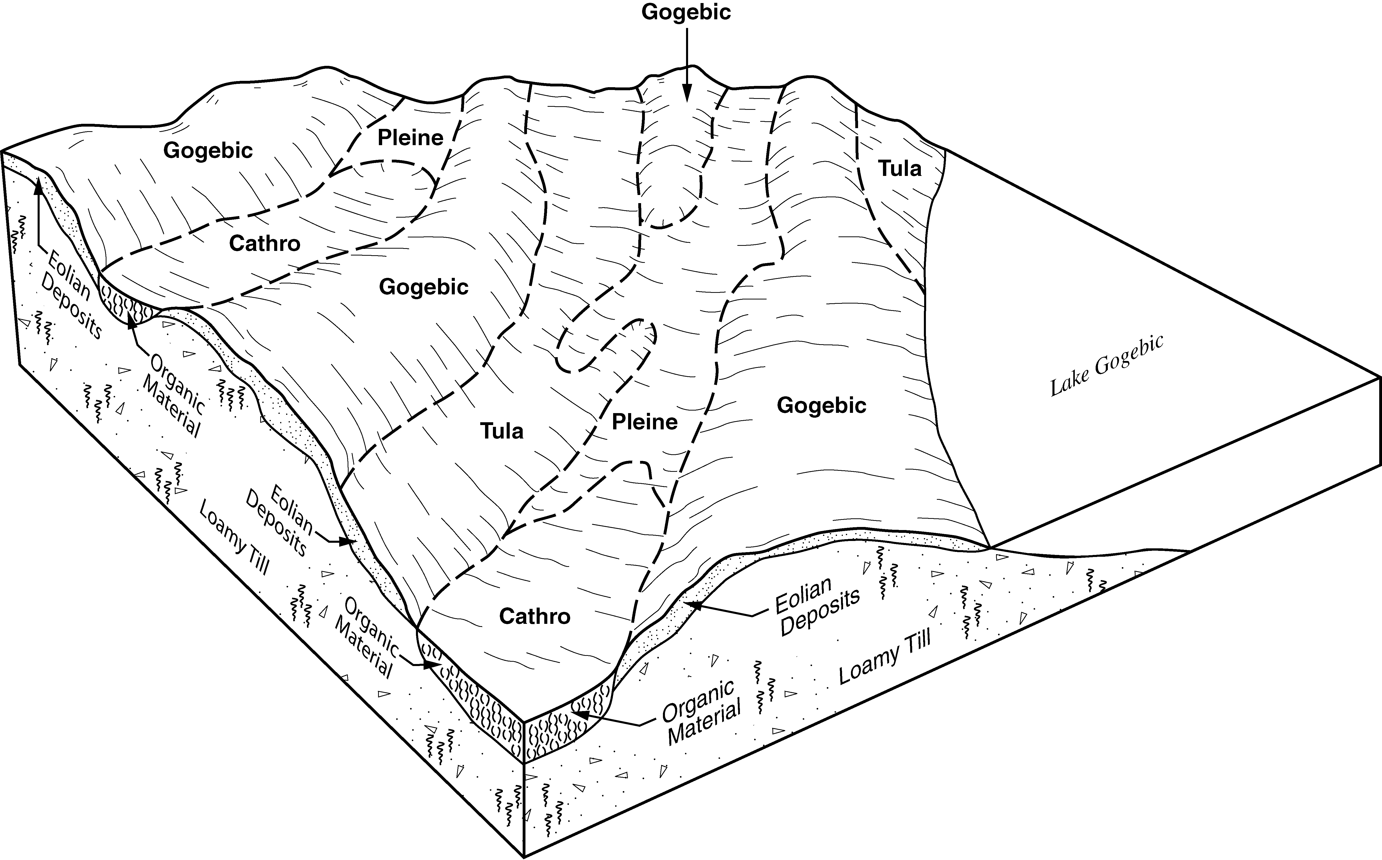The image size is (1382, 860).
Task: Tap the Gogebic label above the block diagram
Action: tap(686, 12)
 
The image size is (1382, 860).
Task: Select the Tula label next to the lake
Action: tap(899, 168)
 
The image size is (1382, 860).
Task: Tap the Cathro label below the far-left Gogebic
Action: tap(264, 244)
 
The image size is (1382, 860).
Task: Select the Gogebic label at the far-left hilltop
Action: tap(208, 150)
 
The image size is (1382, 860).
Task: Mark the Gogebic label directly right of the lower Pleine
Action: tap(821, 405)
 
